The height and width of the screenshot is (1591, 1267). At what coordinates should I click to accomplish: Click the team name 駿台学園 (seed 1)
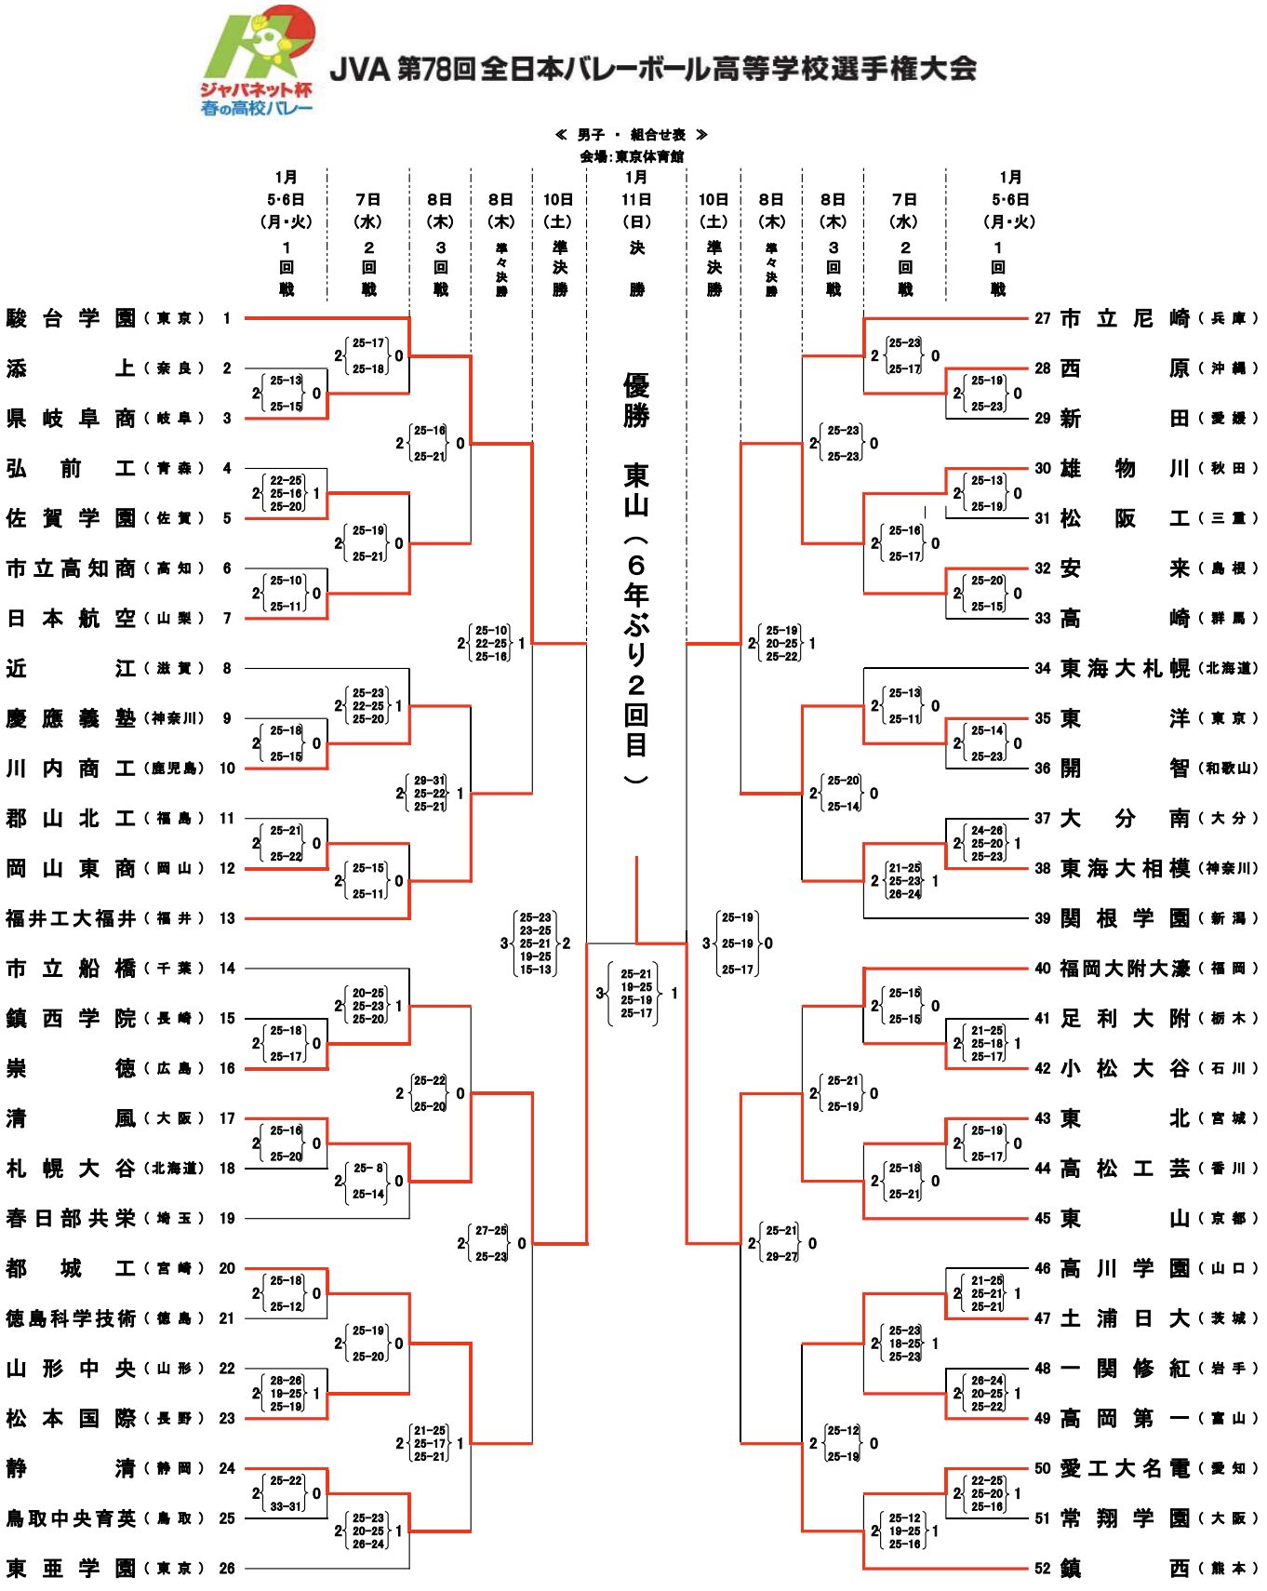click(x=71, y=318)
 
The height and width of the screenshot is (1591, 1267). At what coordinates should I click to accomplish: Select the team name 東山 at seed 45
click(x=1125, y=1218)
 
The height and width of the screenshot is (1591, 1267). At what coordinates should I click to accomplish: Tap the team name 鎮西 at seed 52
click(x=1125, y=1568)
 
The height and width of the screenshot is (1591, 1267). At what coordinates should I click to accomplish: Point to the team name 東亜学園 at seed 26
click(x=71, y=1568)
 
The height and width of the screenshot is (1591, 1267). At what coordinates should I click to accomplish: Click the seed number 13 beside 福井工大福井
click(x=227, y=918)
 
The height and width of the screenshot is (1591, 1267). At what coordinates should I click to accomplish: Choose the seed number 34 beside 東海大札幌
click(x=1043, y=668)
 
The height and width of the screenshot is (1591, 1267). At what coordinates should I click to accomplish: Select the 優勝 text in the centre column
click(x=636, y=399)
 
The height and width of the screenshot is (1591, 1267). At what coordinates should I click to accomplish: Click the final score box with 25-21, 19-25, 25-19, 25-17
click(x=636, y=994)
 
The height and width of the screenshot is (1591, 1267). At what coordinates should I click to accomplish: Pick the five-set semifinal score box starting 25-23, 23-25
click(x=535, y=943)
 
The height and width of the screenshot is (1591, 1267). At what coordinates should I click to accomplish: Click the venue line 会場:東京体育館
click(x=632, y=156)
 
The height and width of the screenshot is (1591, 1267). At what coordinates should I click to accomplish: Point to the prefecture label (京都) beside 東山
click(x=1228, y=1218)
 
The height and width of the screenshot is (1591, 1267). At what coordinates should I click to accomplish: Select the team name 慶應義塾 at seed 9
click(x=71, y=718)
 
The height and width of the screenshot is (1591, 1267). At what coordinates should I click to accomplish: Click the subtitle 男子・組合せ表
click(x=632, y=135)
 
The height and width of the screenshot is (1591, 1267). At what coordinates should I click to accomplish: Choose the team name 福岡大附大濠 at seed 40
click(x=1125, y=969)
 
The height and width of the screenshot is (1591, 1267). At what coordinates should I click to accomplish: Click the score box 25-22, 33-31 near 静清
click(x=287, y=1493)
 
